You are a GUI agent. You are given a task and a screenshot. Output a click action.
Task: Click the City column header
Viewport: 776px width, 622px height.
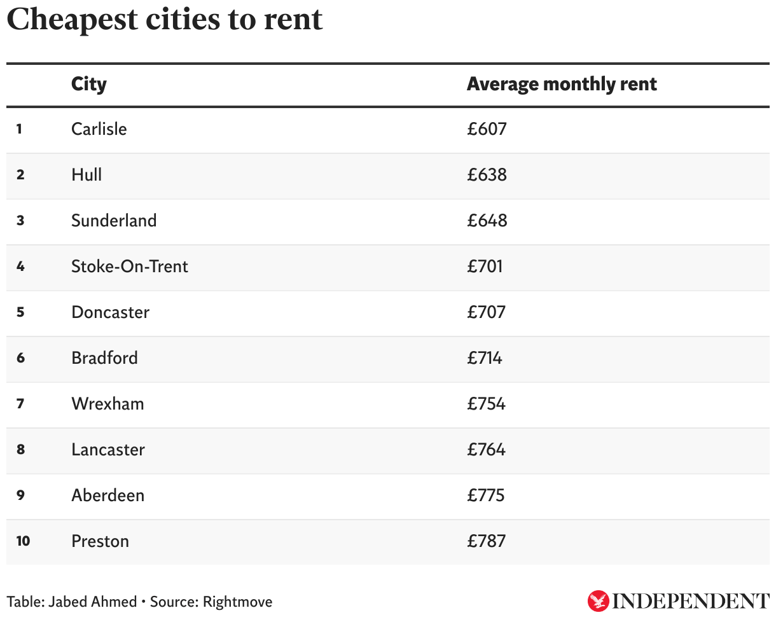[x=89, y=85]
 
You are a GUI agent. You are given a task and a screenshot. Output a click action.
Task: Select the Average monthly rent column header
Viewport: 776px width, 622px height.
[x=562, y=85]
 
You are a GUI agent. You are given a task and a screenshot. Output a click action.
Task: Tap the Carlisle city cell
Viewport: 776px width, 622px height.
[x=99, y=129]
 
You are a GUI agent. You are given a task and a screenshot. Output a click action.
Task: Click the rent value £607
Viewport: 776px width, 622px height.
[x=487, y=129]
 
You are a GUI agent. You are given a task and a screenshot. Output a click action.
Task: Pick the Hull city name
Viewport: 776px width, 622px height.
[x=87, y=175]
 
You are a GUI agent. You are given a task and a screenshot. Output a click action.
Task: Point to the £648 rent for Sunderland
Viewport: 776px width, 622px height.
[x=487, y=221]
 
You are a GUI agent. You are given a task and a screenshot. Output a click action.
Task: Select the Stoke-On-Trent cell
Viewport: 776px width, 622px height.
[x=130, y=266]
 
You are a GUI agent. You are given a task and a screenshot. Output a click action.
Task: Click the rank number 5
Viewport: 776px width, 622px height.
[x=20, y=312]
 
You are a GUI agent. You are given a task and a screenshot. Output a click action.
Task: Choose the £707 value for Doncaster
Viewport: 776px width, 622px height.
[x=487, y=312]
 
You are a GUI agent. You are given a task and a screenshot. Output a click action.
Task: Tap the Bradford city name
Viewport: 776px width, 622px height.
[x=104, y=358]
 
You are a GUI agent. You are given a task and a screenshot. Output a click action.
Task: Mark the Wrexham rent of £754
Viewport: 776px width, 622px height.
[x=487, y=404]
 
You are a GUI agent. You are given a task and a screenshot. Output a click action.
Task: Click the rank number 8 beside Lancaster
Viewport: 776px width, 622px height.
[x=20, y=450]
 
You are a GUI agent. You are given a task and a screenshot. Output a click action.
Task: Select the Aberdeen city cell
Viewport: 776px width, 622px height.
[x=107, y=495]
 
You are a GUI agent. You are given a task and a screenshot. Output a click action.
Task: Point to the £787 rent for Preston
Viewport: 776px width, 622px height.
[x=487, y=541]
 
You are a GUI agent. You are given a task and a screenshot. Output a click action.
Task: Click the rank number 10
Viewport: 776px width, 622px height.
[x=23, y=541]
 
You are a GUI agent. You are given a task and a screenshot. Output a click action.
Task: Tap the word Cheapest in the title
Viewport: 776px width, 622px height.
[x=72, y=20]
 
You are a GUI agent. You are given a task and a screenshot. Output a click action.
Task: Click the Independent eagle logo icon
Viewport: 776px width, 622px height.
[x=598, y=601]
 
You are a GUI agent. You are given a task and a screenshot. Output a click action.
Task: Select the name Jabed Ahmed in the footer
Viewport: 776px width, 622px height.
[x=92, y=602]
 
